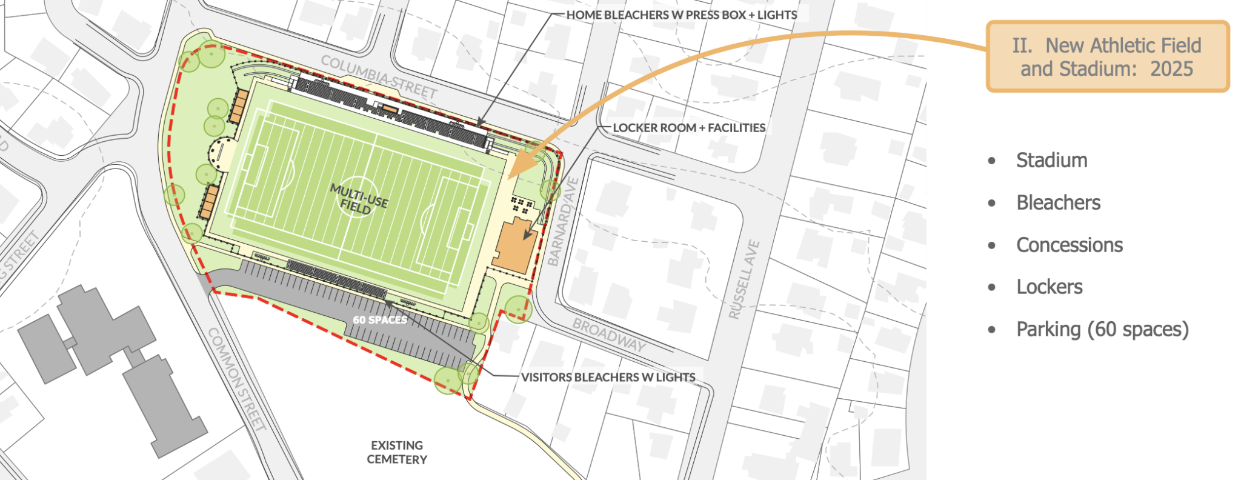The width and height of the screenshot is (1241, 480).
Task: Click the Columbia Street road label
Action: (379, 77)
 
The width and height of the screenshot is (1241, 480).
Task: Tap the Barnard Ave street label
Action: (563, 222)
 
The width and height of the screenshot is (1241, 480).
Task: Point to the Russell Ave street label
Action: (744, 279)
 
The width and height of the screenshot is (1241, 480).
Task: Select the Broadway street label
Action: (610, 335)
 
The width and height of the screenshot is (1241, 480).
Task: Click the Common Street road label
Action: (237, 379)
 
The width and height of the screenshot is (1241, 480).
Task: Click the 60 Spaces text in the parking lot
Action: (380, 319)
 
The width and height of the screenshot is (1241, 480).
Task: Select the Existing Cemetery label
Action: (397, 452)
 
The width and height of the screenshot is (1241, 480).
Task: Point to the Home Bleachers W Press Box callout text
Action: (681, 15)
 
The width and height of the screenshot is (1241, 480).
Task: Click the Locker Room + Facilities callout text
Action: (689, 128)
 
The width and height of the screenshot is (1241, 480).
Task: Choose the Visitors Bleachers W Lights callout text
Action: (608, 377)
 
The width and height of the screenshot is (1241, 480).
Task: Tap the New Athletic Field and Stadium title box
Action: (1107, 57)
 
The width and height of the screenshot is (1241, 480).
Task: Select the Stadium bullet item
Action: (1051, 161)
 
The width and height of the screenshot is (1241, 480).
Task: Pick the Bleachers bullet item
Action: (1058, 203)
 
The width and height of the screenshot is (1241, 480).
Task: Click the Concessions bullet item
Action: (1070, 245)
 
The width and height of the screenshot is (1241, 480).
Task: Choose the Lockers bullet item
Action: (1049, 287)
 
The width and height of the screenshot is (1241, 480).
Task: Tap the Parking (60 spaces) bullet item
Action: (1102, 330)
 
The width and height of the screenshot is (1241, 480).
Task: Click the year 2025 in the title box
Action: (1171, 69)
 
